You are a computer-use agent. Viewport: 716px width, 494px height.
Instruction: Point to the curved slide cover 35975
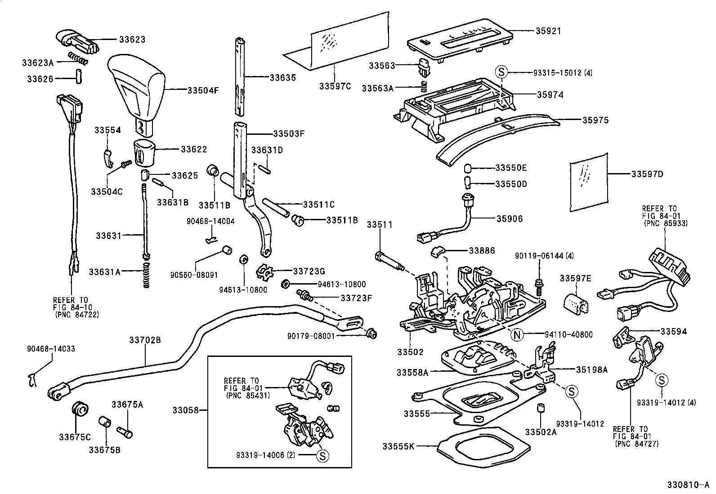[x=495, y=135]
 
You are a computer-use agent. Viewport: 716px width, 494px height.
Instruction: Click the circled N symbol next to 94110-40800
[x=518, y=334]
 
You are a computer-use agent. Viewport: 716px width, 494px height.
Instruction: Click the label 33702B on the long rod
[x=145, y=340]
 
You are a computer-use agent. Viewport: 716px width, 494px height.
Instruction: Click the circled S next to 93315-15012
[x=501, y=72]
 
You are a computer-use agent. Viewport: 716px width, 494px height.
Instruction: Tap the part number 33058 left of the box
[x=185, y=410]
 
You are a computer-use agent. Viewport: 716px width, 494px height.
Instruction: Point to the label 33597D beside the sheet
[x=647, y=174]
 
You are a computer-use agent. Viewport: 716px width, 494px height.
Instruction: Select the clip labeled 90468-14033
[x=31, y=380]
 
